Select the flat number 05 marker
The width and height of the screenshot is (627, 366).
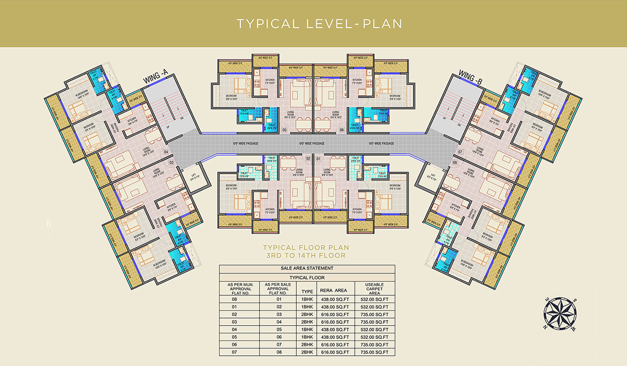click(x=284, y=130)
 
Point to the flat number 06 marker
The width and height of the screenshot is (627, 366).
click(x=342, y=130)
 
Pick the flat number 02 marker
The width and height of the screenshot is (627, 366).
click(x=308, y=158)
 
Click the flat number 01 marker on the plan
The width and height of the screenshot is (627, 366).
click(x=318, y=158)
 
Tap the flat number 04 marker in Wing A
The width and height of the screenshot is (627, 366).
click(x=166, y=153)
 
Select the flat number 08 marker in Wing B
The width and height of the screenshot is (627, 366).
click(x=454, y=163)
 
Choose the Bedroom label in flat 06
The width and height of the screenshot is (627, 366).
click(x=394, y=96)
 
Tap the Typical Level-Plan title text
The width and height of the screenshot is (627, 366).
click(x=313, y=24)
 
